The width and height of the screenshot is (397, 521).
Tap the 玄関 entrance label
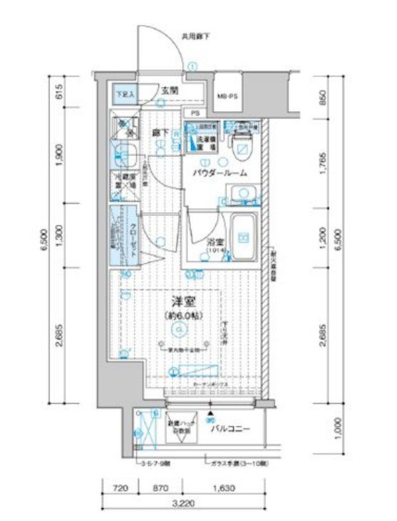tap(169, 91)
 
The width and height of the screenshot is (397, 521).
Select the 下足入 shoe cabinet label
tap(126, 93)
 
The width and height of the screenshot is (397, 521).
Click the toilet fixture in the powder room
tap(243, 147)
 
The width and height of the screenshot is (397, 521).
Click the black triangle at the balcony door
tap(210, 413)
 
